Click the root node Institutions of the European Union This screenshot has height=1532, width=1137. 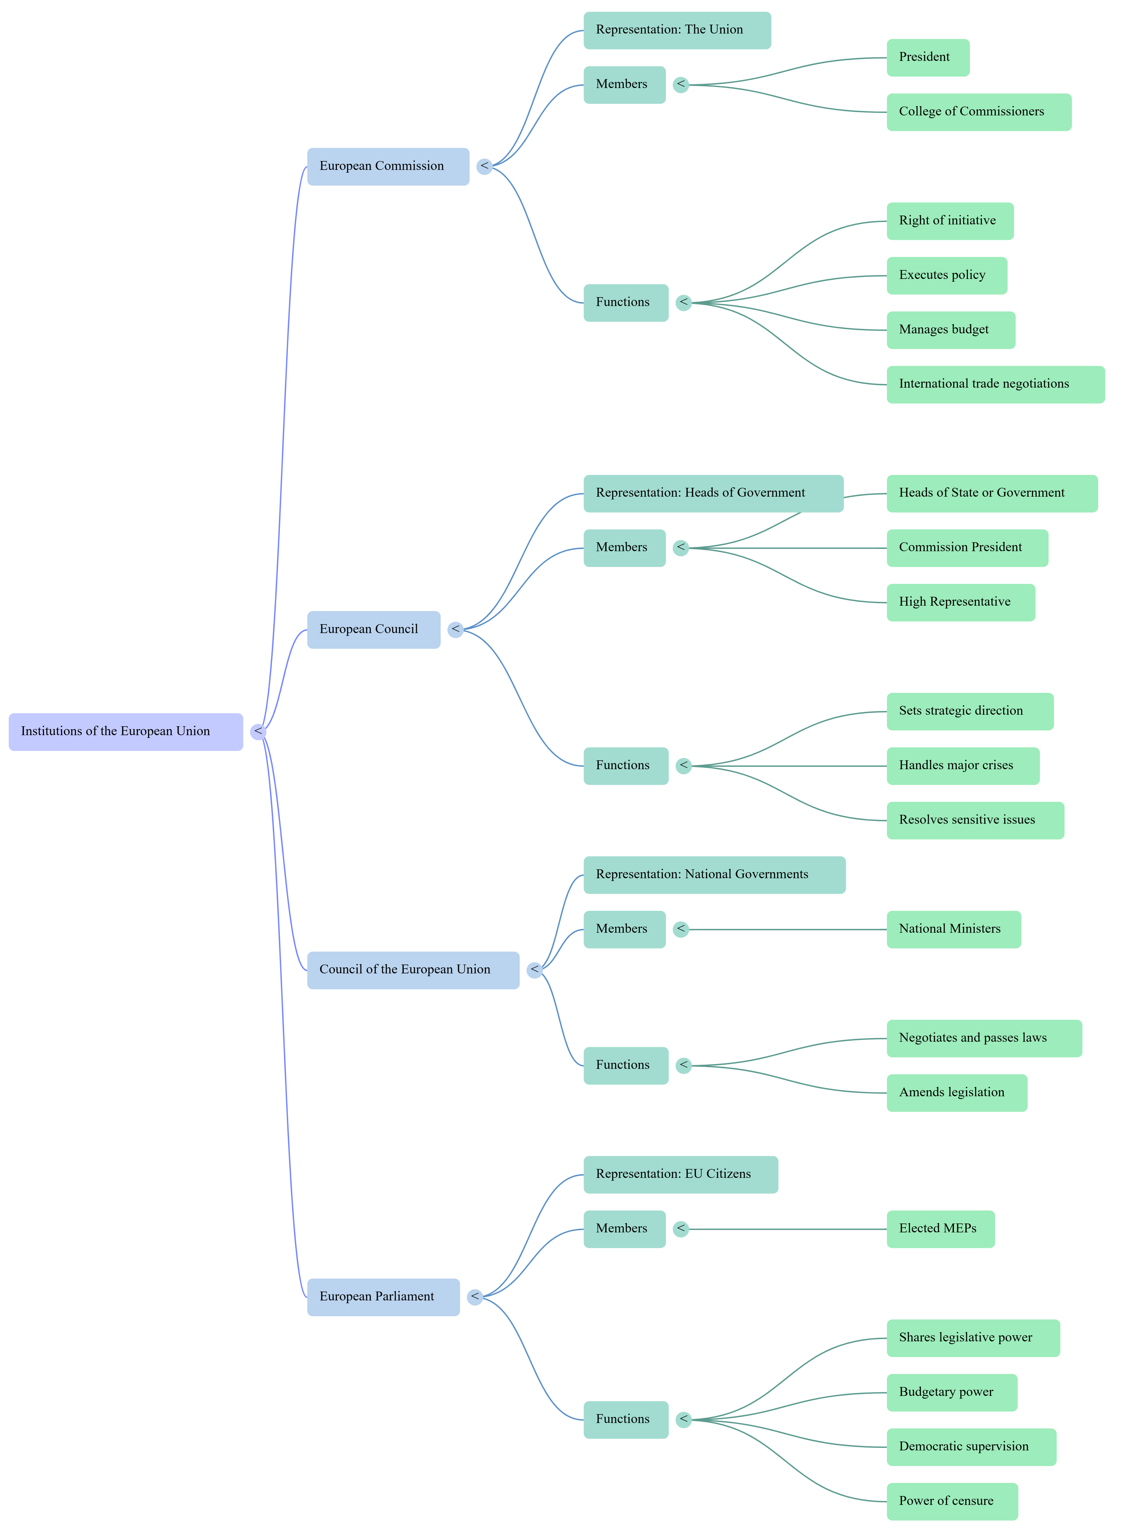point(126,732)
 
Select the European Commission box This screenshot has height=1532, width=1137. point(388,167)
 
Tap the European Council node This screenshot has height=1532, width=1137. point(374,630)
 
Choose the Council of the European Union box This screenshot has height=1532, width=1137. point(413,970)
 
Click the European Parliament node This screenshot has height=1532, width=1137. point(383,1297)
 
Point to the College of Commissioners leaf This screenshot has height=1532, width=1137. point(979,112)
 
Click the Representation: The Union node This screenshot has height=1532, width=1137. point(677,30)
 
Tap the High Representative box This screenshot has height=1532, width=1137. point(961,603)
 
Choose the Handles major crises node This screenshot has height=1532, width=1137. point(963,766)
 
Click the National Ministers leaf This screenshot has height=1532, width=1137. point(954,930)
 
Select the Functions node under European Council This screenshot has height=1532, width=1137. point(626,766)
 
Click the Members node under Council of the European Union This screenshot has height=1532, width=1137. point(624,930)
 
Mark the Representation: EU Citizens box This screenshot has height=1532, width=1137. point(681,1175)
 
